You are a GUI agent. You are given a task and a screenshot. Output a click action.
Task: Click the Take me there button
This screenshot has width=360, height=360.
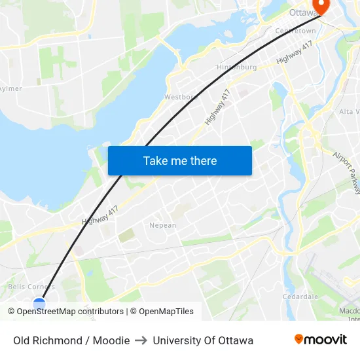point(180,160)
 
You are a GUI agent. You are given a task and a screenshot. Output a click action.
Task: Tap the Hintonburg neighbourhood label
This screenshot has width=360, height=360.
point(236,67)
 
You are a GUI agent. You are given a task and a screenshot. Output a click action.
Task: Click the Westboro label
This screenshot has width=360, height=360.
point(181,97)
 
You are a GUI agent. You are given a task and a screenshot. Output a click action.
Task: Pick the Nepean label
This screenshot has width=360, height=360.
point(163,225)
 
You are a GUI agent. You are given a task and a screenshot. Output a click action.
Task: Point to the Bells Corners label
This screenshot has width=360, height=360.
point(31,287)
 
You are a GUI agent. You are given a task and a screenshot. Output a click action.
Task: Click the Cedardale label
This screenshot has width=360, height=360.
point(300,297)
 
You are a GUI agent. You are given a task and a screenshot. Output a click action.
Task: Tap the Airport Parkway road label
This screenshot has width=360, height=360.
point(346,173)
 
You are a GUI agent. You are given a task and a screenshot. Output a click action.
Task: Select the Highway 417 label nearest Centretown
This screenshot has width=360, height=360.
point(291,57)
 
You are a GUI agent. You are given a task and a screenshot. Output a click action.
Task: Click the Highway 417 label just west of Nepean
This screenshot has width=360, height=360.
point(99,215)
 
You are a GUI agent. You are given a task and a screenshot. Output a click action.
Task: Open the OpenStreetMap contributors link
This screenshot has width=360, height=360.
point(70,312)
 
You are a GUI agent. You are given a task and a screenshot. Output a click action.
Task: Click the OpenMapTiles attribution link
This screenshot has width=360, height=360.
point(166,312)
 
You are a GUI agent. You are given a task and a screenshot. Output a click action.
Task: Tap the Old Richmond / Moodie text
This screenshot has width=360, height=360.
point(71,340)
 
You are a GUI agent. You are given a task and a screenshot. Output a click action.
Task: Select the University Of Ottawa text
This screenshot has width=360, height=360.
point(203,340)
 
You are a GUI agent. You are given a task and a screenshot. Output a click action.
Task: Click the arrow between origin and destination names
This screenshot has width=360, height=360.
point(141,340)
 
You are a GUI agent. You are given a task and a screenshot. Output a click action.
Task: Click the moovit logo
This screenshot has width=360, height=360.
point(321,339)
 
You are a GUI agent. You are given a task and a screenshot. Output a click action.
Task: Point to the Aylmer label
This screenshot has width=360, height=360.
point(10,88)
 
